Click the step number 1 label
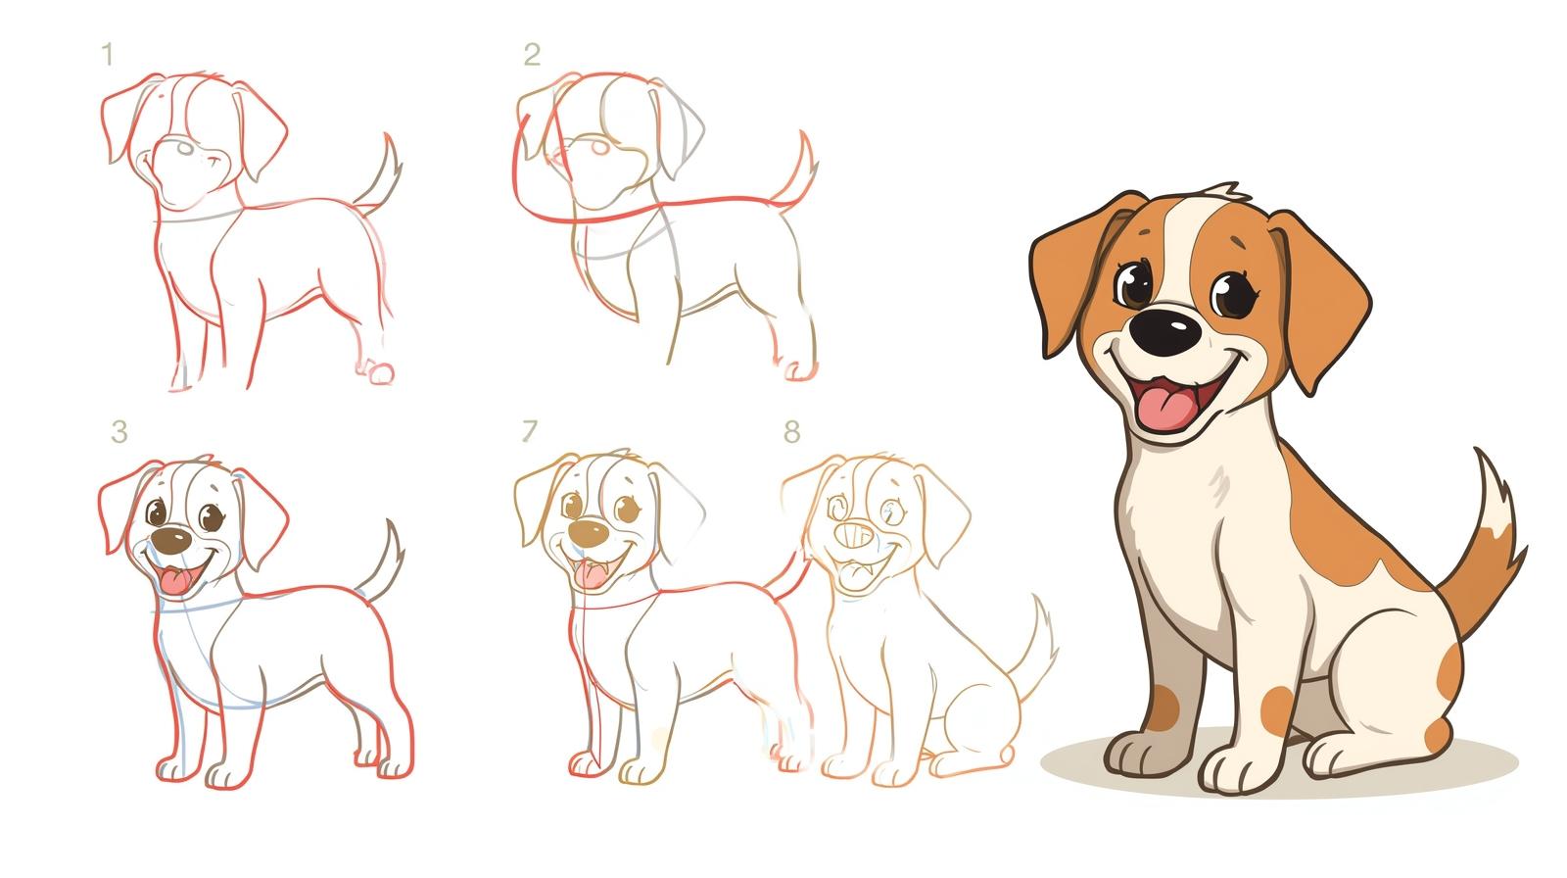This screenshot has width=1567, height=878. pyautogui.click(x=108, y=55)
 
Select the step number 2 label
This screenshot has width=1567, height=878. pyautogui.click(x=532, y=54)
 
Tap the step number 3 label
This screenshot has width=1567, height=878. pyautogui.click(x=119, y=431)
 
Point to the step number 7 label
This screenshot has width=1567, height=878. pyautogui.click(x=530, y=430)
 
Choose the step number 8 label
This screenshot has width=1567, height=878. pyautogui.click(x=792, y=431)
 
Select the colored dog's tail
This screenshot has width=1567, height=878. pyautogui.click(x=1482, y=546)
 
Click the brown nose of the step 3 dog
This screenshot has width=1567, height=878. pyautogui.click(x=171, y=541)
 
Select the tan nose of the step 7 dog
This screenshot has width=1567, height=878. pyautogui.click(x=588, y=533)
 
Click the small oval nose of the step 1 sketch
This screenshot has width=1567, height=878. pyautogui.click(x=184, y=148)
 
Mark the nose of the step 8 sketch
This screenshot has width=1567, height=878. pyautogui.click(x=854, y=536)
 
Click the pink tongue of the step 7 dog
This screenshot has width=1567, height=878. pyautogui.click(x=592, y=575)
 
